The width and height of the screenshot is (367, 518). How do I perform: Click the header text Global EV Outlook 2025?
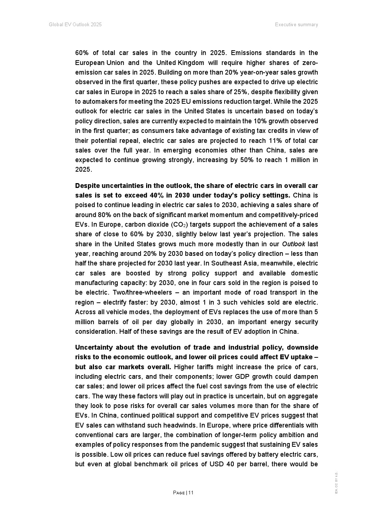coord(75,25)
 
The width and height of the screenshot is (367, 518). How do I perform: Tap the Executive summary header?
coord(296,25)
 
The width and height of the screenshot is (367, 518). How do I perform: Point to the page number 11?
coord(191,493)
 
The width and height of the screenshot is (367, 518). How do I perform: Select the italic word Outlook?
coord(293,244)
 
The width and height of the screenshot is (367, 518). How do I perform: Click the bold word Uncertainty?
coord(93,347)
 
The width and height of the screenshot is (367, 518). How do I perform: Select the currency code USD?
coord(216,464)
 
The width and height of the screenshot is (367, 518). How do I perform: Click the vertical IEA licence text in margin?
coord(336,483)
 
